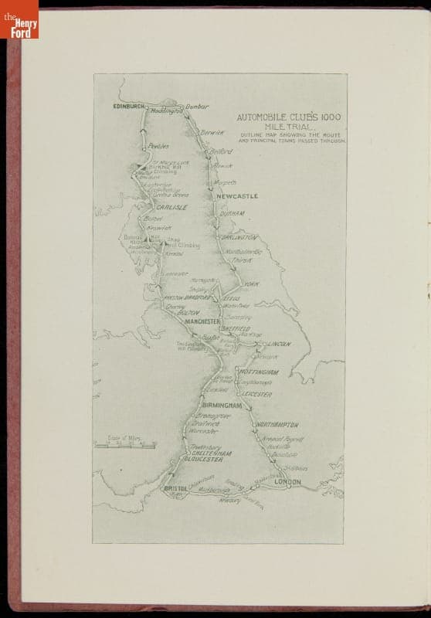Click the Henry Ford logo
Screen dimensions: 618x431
(x=19, y=19)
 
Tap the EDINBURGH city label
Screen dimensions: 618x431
(x=128, y=105)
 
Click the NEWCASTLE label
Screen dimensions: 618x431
(x=237, y=197)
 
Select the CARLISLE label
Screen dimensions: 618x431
(x=172, y=208)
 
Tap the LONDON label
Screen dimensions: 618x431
(x=287, y=482)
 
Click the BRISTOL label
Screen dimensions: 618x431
(x=175, y=489)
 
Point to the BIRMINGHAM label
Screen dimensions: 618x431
(x=222, y=405)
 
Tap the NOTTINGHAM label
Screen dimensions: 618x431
(x=256, y=372)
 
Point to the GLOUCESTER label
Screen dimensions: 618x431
(x=204, y=459)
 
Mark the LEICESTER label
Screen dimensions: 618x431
(x=257, y=394)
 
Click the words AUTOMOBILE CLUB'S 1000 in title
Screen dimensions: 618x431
(x=289, y=117)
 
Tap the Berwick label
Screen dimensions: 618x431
(x=212, y=133)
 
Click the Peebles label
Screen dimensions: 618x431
(x=158, y=146)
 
